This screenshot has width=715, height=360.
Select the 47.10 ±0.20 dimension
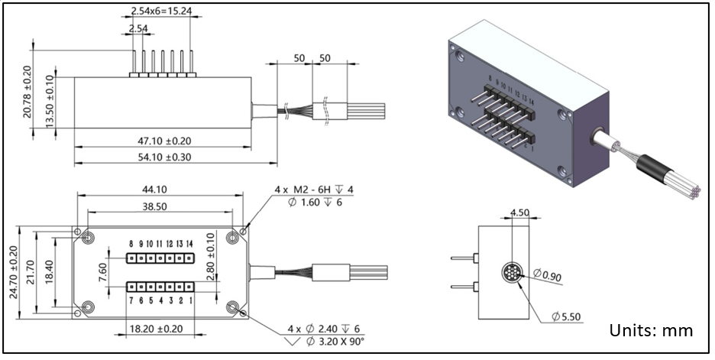[x=163, y=141]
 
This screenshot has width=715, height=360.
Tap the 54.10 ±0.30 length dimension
[x=163, y=157]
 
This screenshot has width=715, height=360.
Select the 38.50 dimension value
[x=160, y=206]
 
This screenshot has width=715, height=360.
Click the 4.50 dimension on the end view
[x=519, y=212]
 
